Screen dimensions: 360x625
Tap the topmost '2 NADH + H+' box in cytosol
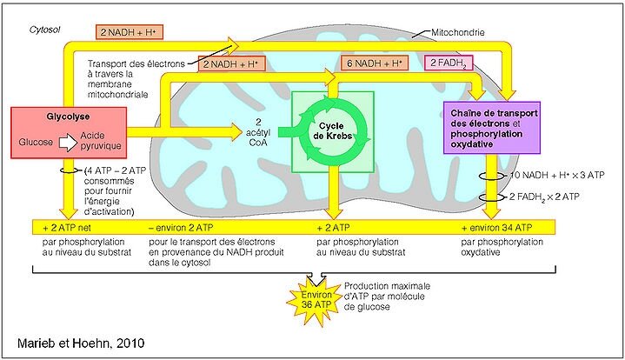pyautogui.click(x=130, y=31)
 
